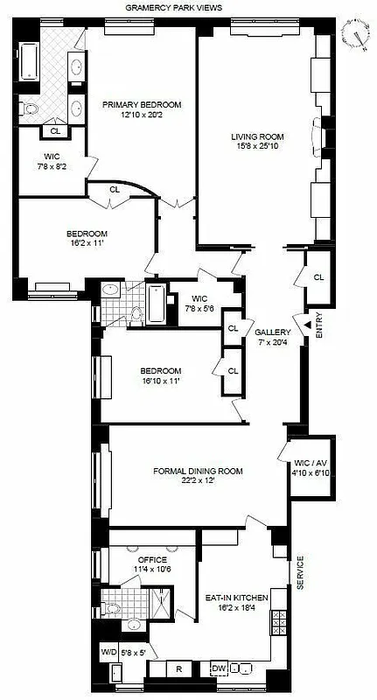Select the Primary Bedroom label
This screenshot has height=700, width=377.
(142, 105)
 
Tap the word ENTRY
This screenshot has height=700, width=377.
(318, 325)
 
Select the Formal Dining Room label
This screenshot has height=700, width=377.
(198, 472)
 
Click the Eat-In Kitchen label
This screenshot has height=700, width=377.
(234, 598)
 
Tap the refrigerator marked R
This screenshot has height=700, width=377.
(178, 668)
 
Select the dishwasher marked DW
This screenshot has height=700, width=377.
(219, 668)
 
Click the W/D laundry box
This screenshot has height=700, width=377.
(108, 652)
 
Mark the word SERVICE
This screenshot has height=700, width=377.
(299, 573)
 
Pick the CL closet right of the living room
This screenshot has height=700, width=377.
(318, 277)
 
